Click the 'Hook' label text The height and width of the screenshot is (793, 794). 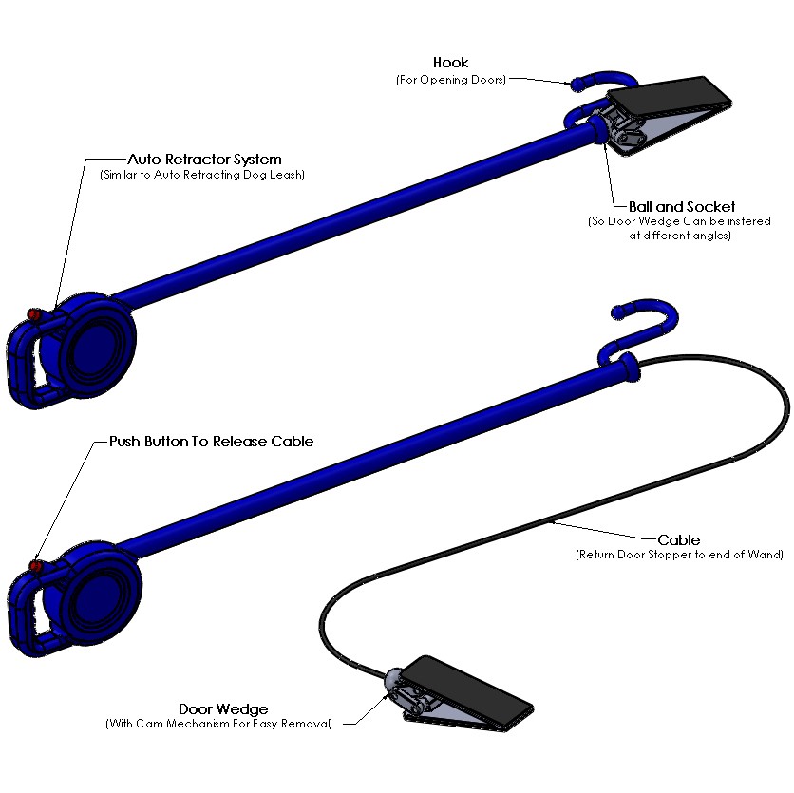(450, 63)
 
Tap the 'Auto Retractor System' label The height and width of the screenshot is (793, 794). (204, 160)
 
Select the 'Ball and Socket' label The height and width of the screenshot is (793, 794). (682, 207)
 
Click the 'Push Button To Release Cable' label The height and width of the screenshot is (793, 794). (212, 442)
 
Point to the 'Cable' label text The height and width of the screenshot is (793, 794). (678, 539)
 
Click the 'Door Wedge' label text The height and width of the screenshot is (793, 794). (223, 708)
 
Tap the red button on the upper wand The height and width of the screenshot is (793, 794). (34, 314)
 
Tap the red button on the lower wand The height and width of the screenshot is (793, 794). (35, 565)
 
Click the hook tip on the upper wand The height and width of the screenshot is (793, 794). (577, 85)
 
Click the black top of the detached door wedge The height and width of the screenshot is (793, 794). (467, 689)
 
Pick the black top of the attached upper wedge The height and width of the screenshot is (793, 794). (669, 96)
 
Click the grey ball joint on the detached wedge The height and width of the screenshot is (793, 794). (393, 680)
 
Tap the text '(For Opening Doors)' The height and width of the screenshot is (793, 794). (451, 80)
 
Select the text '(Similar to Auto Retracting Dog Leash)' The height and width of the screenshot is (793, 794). (202, 175)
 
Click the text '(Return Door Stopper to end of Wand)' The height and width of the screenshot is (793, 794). (680, 555)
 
